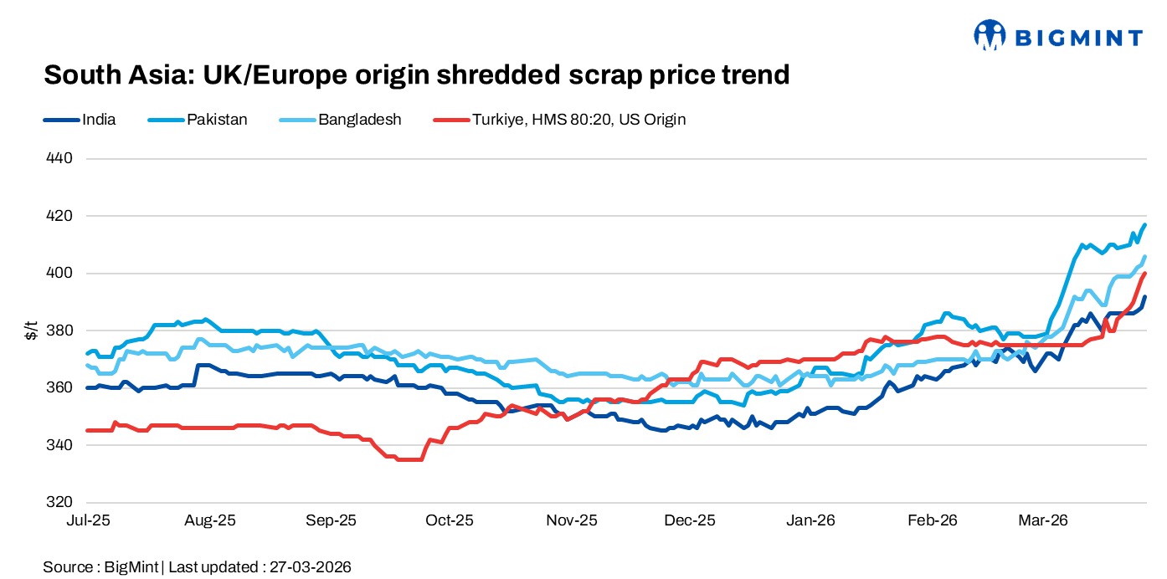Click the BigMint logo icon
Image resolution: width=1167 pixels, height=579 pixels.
[x=989, y=35]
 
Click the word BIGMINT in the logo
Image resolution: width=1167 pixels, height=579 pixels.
[x=1079, y=37]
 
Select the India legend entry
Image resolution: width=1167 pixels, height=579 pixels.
[x=99, y=120]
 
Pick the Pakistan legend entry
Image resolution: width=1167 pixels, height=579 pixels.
[x=217, y=120]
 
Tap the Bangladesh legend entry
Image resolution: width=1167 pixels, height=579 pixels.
[x=359, y=120]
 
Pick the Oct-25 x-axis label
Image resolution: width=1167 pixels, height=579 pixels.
[x=450, y=520]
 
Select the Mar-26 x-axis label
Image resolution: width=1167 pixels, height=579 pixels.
[x=1043, y=520]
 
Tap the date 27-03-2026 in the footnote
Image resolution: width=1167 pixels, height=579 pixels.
[x=311, y=566]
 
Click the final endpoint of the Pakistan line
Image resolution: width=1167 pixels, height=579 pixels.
[x=1145, y=224]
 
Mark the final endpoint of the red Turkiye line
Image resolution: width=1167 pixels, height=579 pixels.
[x=1145, y=273]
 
